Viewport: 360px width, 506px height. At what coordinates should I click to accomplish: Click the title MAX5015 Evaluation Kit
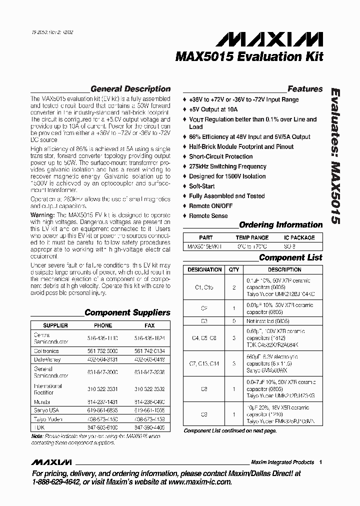tap(249, 57)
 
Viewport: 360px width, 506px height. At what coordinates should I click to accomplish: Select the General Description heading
tap(130, 89)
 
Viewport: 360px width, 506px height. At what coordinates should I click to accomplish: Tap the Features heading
tap(305, 89)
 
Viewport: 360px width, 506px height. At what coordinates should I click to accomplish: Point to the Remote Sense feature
tap(208, 216)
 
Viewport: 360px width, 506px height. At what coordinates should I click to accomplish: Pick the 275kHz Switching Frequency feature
tap(227, 166)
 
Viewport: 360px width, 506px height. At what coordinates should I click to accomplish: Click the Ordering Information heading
tap(280, 225)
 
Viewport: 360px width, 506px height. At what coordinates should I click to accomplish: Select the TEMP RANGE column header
tap(252, 237)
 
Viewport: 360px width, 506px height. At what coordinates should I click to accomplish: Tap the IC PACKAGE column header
tap(299, 237)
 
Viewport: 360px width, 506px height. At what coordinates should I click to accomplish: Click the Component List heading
tap(290, 258)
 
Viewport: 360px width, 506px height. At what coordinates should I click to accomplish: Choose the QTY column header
tap(233, 269)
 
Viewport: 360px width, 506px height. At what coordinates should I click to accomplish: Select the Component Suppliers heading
tap(127, 312)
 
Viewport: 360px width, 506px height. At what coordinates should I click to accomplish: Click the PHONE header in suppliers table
tap(103, 325)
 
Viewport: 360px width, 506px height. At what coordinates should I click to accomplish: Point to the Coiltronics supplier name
tap(46, 351)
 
